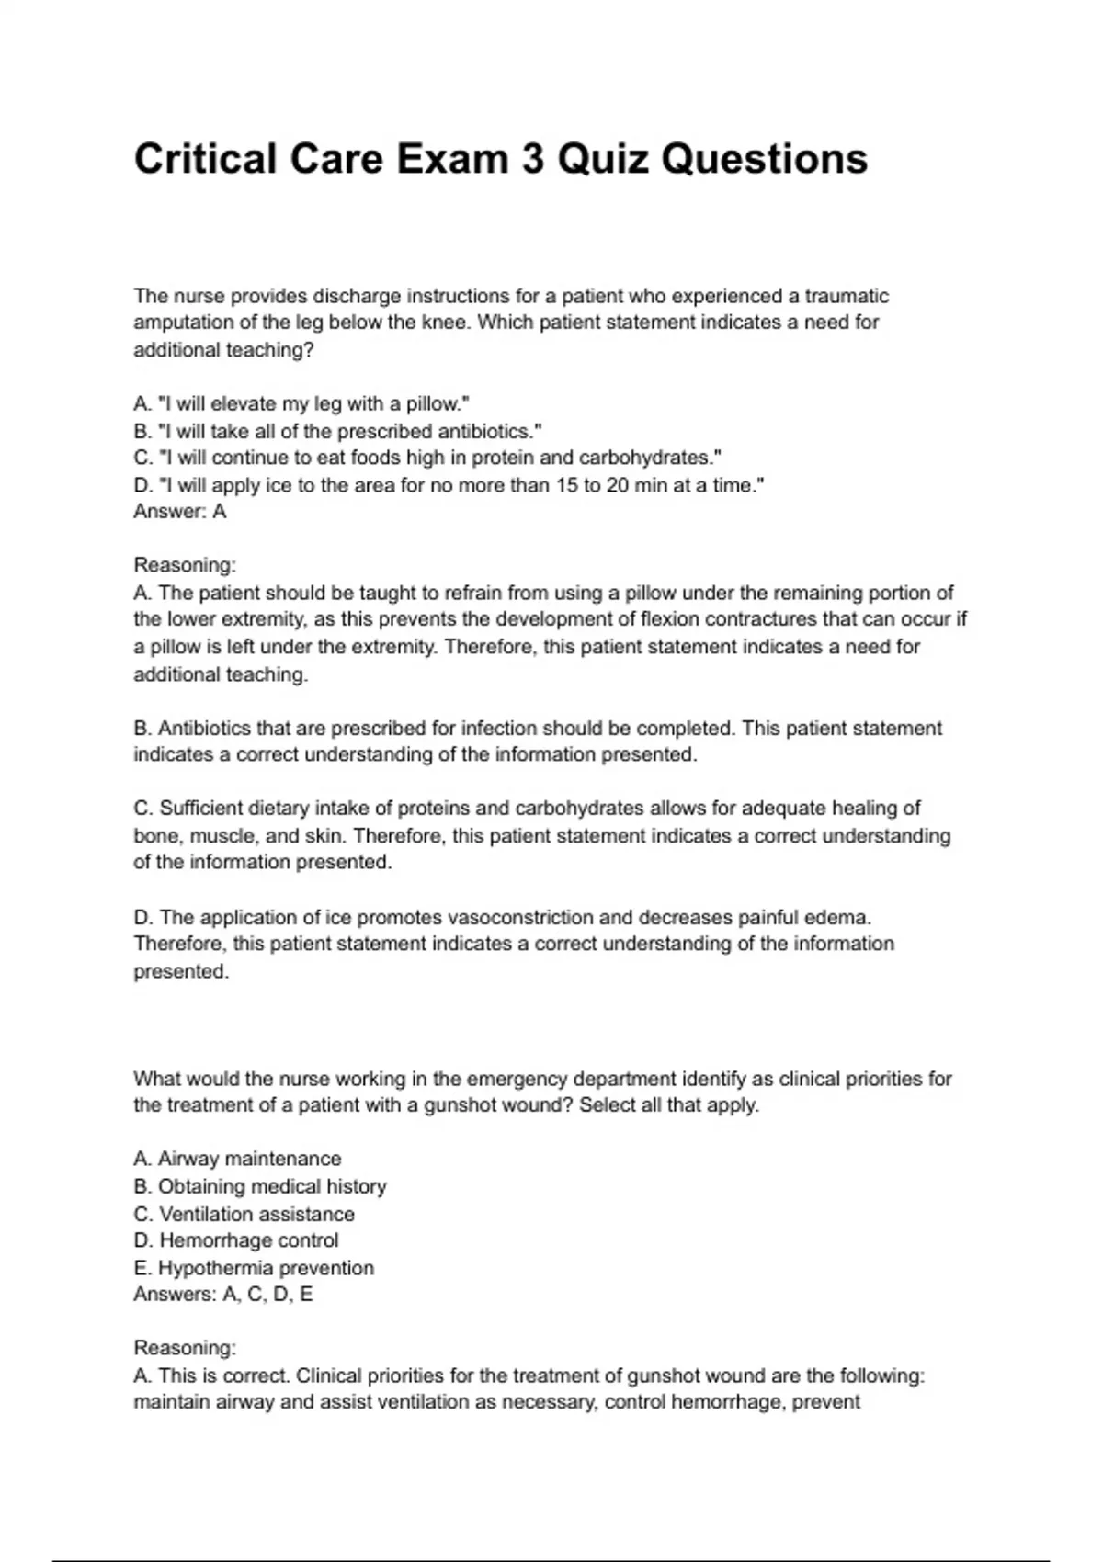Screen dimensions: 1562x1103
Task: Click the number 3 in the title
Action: point(532,159)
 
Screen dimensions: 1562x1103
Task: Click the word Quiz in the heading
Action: point(602,159)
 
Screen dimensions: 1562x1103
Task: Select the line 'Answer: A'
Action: point(180,512)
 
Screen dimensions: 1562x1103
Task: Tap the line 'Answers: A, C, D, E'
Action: point(223,1295)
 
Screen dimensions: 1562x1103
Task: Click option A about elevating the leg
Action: point(301,403)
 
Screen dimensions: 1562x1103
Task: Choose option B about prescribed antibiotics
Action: point(337,431)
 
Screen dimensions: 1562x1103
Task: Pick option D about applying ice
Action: point(449,485)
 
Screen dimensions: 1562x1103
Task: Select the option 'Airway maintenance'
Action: point(237,1159)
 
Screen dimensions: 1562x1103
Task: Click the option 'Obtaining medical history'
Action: point(260,1186)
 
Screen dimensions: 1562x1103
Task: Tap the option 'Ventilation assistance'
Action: point(244,1214)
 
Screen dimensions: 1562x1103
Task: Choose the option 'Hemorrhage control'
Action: point(236,1240)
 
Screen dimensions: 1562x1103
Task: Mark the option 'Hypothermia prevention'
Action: point(254,1268)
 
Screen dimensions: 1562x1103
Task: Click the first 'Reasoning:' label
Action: point(185,565)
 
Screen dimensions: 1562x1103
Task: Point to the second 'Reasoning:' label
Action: point(185,1348)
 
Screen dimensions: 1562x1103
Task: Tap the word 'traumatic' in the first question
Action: point(847,296)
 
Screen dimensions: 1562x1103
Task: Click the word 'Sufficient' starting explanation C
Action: point(203,809)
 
